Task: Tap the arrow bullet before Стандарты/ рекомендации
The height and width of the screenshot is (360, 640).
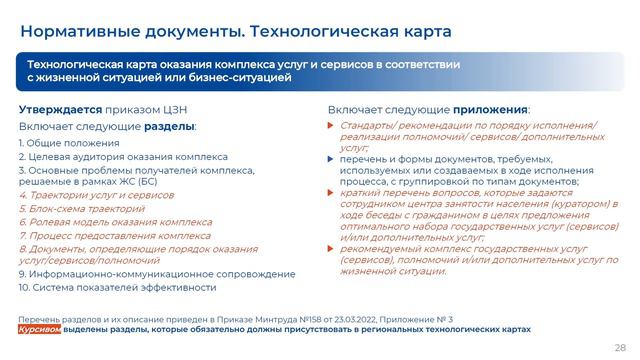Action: [x=332, y=125]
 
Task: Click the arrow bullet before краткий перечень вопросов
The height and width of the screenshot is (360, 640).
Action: [x=332, y=194]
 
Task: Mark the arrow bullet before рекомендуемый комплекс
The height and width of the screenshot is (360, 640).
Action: [x=332, y=249]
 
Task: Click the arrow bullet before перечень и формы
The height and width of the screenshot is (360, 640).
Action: [x=332, y=160]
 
